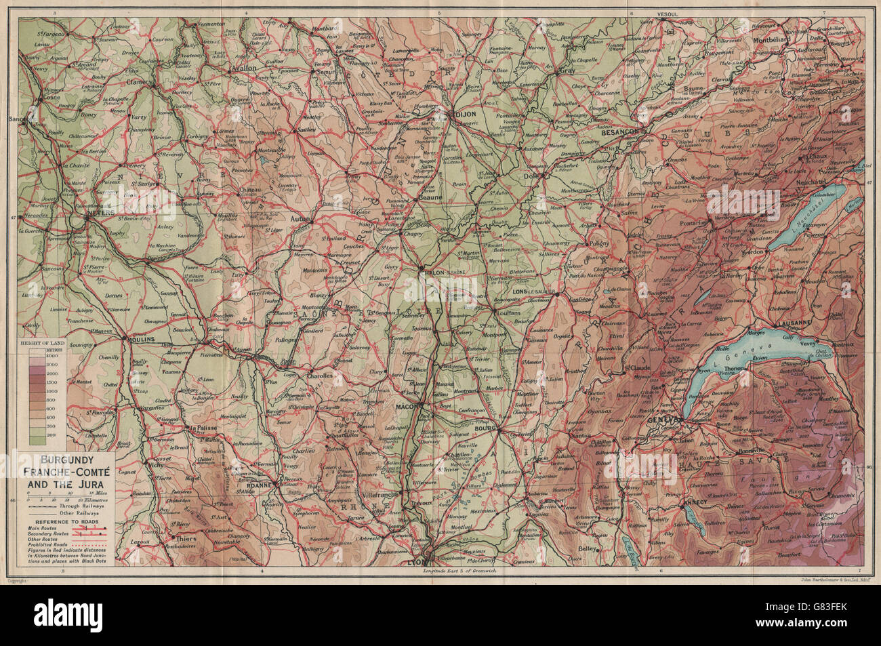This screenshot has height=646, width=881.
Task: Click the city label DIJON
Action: click(468, 115)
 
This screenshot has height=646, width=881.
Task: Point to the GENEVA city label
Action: click(663, 420)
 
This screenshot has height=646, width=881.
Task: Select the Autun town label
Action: click(300, 219)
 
